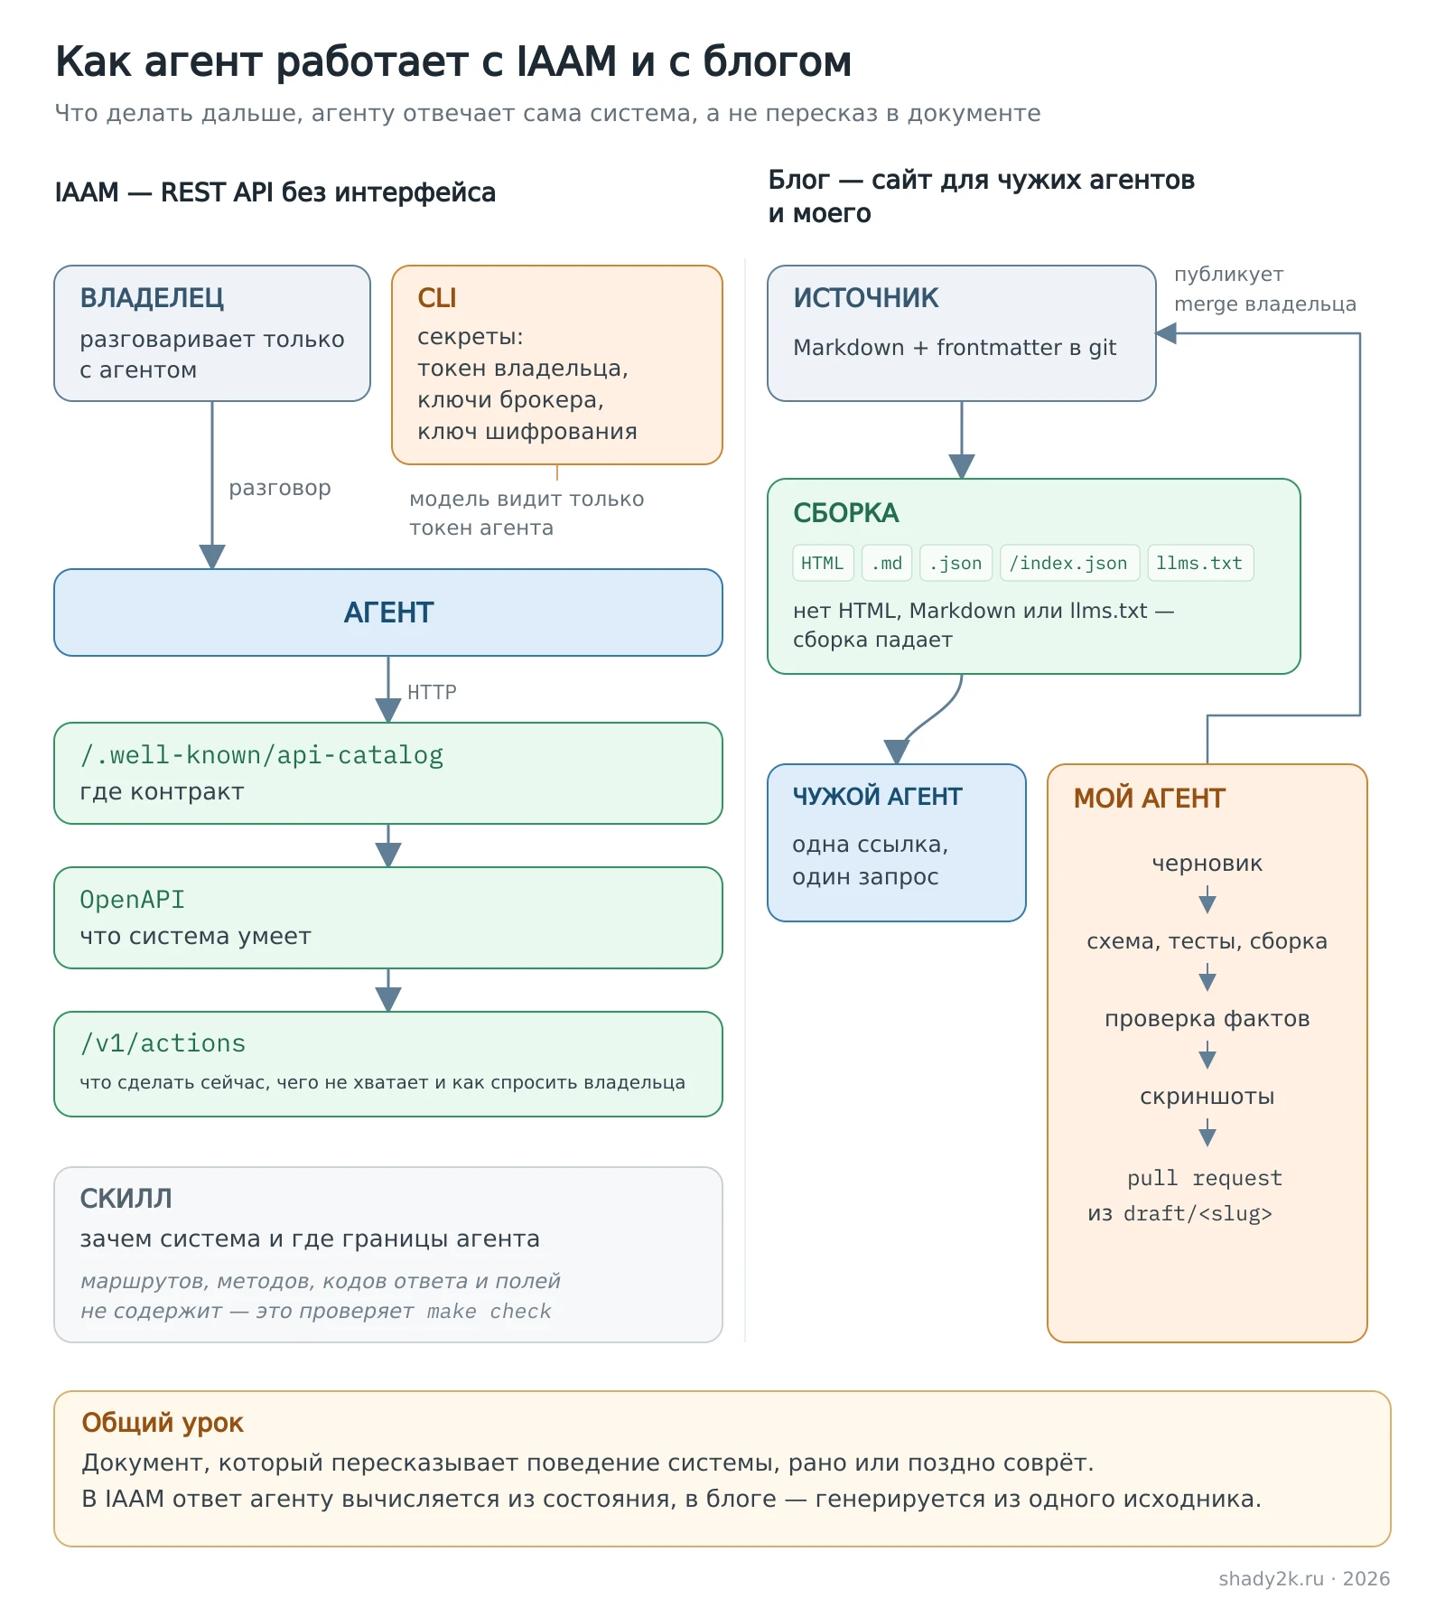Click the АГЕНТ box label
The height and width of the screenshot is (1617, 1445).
pyautogui.click(x=388, y=612)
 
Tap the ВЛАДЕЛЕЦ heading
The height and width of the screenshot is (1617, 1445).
pyautogui.click(x=152, y=298)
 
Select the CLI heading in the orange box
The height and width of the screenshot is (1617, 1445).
pyautogui.click(x=437, y=298)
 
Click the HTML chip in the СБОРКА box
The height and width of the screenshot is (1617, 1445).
pyautogui.click(x=823, y=563)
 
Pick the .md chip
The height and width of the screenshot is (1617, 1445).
pyautogui.click(x=887, y=563)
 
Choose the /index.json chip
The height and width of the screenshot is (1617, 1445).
pyautogui.click(x=1068, y=563)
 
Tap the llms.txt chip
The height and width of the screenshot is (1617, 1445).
pyautogui.click(x=1199, y=563)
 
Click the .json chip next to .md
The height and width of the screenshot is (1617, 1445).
pyautogui.click(x=956, y=563)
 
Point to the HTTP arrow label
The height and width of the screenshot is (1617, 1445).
pyautogui.click(x=432, y=692)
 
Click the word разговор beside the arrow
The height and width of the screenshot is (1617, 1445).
pyautogui.click(x=280, y=488)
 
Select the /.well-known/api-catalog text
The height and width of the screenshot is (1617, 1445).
pyautogui.click(x=262, y=755)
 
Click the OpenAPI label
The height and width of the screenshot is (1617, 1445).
pyautogui.click(x=132, y=900)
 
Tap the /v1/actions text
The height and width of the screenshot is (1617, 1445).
pyautogui.click(x=163, y=1043)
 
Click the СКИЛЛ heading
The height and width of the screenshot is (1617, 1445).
pyautogui.click(x=126, y=1198)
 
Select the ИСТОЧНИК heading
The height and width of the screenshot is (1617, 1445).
pyautogui.click(x=866, y=298)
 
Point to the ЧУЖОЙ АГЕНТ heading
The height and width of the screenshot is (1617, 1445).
pyautogui.click(x=877, y=797)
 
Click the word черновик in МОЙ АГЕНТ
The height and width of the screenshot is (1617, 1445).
pyautogui.click(x=1207, y=864)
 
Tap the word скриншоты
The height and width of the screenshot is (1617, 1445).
pyautogui.click(x=1207, y=1097)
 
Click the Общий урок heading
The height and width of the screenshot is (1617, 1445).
pyautogui.click(x=163, y=1423)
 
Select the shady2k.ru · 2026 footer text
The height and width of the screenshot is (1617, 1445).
pyautogui.click(x=1304, y=1578)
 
